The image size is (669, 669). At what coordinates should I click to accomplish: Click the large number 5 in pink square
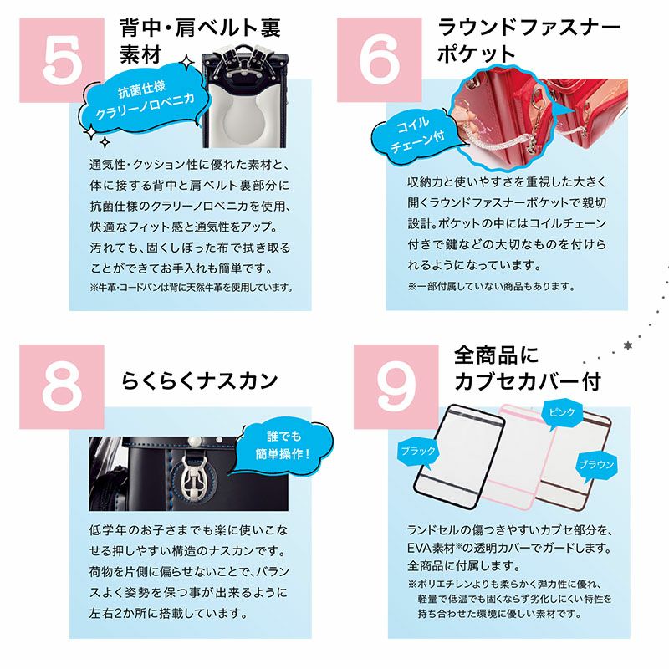[x=63, y=61]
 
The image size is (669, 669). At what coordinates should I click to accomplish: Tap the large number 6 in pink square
[x=380, y=59]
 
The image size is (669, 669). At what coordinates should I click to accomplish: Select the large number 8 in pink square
[x=62, y=386]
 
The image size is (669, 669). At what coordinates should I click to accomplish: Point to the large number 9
[x=396, y=386]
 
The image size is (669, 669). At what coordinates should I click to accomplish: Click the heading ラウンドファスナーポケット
[x=529, y=40]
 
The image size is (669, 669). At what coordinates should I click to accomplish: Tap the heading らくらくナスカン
[x=200, y=380]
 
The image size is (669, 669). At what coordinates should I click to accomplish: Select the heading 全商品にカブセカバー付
[x=528, y=368]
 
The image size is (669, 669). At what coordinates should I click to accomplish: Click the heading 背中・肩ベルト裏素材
[x=200, y=41]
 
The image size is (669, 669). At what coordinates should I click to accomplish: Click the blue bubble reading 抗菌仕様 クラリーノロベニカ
[x=144, y=101]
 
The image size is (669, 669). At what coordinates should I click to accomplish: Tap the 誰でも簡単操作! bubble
[x=282, y=446]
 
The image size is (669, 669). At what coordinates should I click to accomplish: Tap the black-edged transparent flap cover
[x=458, y=456]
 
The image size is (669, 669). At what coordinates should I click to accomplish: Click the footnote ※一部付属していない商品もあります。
[x=492, y=286]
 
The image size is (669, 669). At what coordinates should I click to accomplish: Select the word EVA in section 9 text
[x=419, y=548]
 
